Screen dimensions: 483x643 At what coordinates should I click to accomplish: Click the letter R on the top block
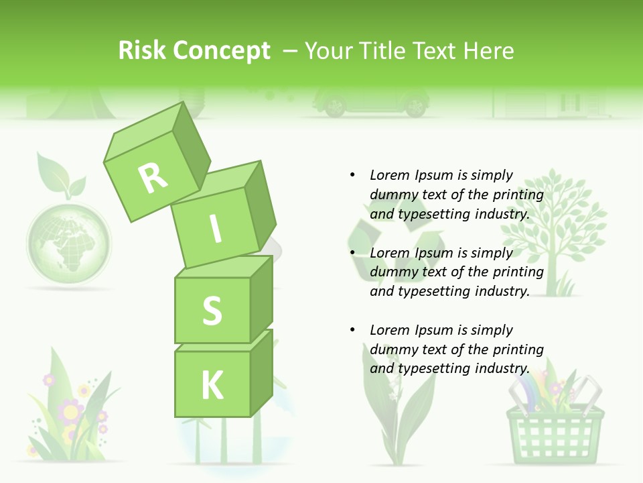tap(153, 178)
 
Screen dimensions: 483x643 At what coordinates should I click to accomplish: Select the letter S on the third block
tap(212, 311)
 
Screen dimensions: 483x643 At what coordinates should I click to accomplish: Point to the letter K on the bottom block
tap(212, 385)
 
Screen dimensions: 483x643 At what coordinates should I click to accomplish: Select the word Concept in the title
tap(221, 51)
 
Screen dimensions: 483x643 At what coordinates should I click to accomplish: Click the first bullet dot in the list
tap(352, 175)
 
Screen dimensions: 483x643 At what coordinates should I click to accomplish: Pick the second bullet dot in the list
tap(352, 253)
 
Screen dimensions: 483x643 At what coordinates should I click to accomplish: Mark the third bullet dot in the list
tap(352, 330)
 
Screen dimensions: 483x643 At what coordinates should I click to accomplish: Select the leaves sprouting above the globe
tap(60, 176)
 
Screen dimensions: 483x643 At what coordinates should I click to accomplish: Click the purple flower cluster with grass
tap(70, 413)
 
